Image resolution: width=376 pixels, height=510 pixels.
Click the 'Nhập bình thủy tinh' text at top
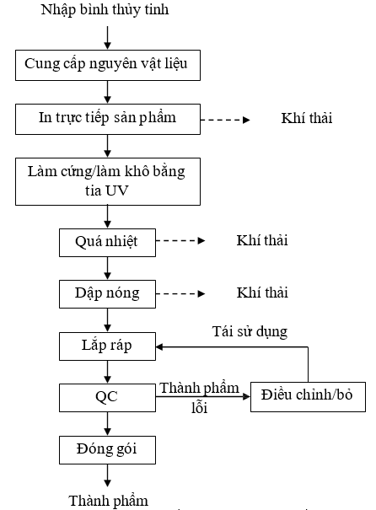tap(105, 10)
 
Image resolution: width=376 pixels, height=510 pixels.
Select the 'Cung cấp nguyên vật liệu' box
tap(108, 66)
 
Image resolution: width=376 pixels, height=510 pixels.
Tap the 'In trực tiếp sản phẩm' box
tap(108, 120)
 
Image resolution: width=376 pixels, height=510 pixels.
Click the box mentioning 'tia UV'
tap(108, 181)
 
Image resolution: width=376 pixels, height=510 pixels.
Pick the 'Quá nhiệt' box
tap(107, 243)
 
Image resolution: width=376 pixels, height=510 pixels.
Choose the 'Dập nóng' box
tap(107, 294)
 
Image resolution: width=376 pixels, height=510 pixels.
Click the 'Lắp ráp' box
tap(107, 346)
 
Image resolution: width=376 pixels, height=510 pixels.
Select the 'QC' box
tap(107, 398)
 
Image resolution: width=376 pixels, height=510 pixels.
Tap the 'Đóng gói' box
tap(107, 450)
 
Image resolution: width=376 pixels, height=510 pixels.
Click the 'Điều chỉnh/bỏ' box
tap(308, 397)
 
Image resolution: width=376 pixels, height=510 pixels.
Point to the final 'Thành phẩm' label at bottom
tap(108, 502)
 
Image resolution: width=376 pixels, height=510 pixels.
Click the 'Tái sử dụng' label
tap(250, 332)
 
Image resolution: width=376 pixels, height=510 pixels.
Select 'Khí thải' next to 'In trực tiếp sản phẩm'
tap(307, 118)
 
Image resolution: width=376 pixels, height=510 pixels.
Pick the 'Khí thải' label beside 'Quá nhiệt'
tap(262, 240)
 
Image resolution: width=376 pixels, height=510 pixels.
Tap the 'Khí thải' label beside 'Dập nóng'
tap(262, 293)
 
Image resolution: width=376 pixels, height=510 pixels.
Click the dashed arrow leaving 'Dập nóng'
tap(180, 293)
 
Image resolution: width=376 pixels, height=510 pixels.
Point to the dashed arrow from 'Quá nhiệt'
tap(180, 241)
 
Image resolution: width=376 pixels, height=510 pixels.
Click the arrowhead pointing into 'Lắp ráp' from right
tap(159, 347)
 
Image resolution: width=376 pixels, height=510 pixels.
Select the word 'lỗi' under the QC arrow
tap(200, 407)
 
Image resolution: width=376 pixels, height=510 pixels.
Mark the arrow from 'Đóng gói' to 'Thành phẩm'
tap(107, 475)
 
